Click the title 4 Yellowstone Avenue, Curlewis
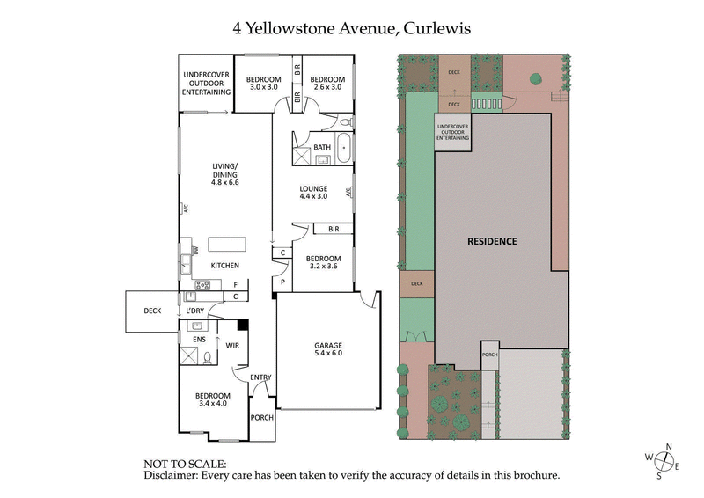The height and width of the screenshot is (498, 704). [x=352, y=27]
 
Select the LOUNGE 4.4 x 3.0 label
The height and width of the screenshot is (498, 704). [x=313, y=193]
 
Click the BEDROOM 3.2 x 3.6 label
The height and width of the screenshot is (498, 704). [x=323, y=262]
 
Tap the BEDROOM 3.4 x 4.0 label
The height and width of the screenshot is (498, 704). [x=213, y=399]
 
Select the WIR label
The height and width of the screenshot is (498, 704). [x=232, y=346]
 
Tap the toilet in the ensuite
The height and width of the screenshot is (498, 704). [x=208, y=355]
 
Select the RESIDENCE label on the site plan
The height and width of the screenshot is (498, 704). [x=492, y=241]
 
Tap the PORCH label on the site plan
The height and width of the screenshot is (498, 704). [x=489, y=355]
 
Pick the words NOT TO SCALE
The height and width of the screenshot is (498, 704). [x=185, y=463]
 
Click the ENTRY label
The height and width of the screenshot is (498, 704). [x=260, y=377]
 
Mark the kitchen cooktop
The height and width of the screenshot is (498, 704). [x=202, y=284]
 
